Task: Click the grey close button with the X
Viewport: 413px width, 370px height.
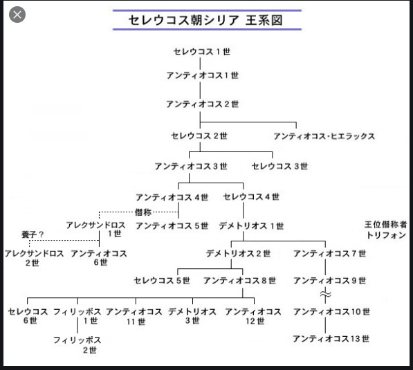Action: coord(17,15)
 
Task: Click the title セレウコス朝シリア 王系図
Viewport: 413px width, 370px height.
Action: coord(205,20)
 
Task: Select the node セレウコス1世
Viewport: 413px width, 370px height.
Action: coord(202,52)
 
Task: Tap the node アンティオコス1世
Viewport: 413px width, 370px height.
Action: coord(202,75)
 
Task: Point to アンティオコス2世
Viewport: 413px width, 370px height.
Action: coord(202,104)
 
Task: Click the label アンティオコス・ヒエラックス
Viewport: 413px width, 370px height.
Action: coord(324,136)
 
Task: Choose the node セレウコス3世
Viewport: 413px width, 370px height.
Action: coord(279,166)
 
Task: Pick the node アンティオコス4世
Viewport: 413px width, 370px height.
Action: coord(172,197)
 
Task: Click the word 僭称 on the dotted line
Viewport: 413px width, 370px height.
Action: coord(143,212)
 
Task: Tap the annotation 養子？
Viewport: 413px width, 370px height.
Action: coord(33,234)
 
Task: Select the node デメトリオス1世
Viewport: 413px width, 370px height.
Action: coord(251,226)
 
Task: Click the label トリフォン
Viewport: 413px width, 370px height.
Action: coord(386,235)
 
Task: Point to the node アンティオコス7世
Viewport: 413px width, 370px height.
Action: coord(330,254)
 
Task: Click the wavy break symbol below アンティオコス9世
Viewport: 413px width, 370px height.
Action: coord(326,295)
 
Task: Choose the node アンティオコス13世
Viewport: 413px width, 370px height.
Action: coord(331,339)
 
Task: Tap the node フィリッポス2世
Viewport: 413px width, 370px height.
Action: coord(77,345)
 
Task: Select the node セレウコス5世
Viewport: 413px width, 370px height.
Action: coord(162,281)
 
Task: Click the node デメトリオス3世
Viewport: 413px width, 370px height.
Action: coord(192,316)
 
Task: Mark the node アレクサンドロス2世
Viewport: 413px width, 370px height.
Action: coord(34,258)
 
